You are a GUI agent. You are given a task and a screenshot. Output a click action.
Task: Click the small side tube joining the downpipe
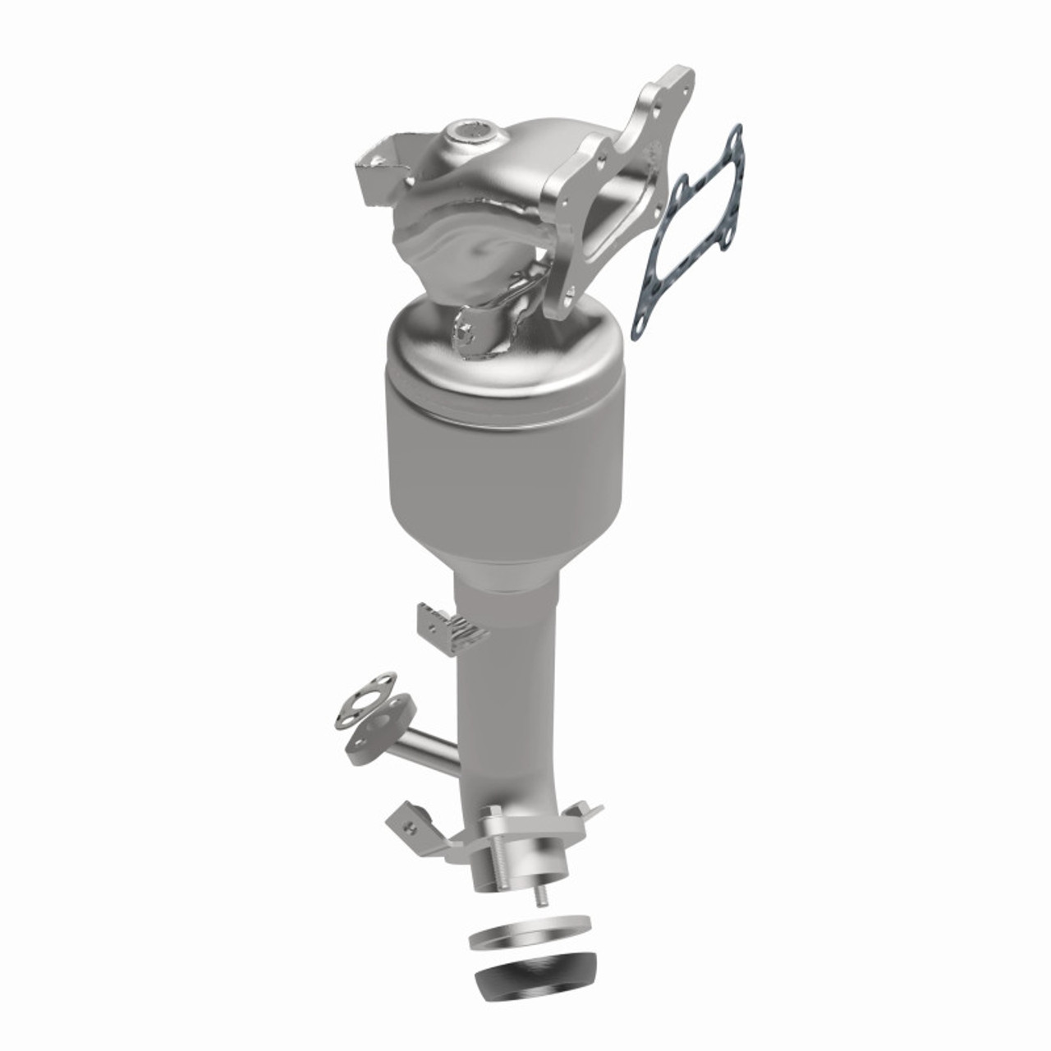(x=427, y=748)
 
